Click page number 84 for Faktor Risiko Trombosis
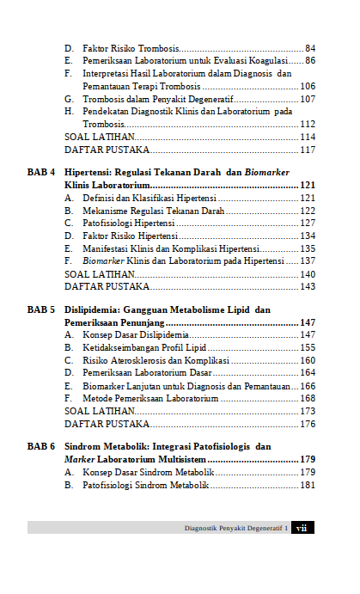tap(309, 48)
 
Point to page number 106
tap(307, 86)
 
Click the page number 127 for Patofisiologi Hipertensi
tap(307, 223)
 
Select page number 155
tap(307, 347)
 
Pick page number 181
tap(307, 485)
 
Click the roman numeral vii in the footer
tap(302, 528)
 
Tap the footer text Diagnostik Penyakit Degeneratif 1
tap(235, 528)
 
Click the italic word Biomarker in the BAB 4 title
tap(266, 172)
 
